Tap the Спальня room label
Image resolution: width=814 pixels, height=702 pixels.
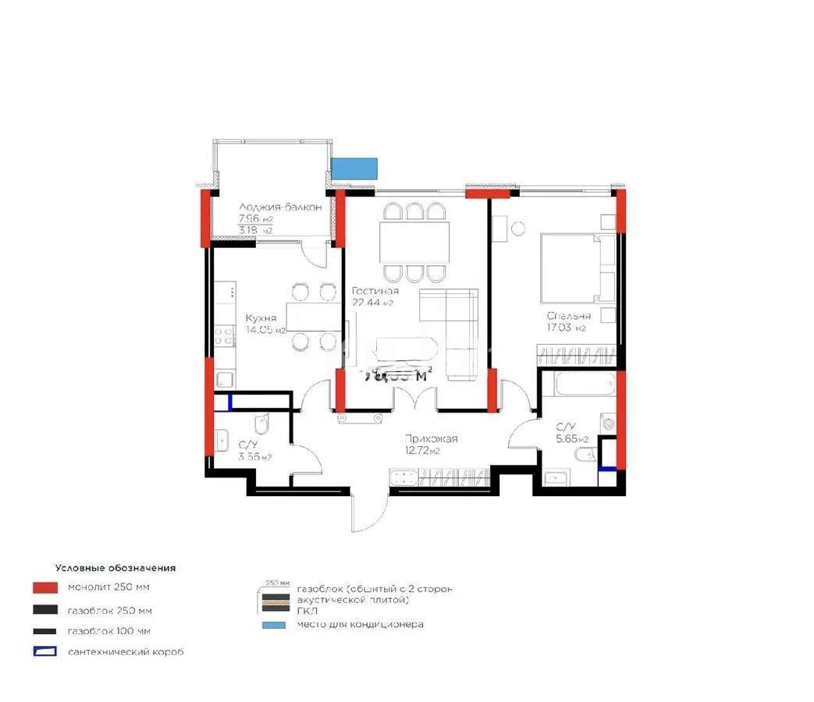point(568,316)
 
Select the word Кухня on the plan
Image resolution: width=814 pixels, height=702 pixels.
point(259,318)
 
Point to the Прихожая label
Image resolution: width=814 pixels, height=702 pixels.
point(431,439)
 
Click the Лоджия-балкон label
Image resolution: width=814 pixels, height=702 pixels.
point(269,207)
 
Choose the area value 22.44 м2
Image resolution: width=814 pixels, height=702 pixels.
point(372,303)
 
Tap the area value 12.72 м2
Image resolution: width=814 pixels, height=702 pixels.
point(422,451)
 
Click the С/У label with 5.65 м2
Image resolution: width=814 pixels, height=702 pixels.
point(566,427)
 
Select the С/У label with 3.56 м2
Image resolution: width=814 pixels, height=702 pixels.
point(250,445)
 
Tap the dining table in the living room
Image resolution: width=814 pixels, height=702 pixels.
point(414,243)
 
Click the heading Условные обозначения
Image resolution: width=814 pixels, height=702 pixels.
point(115,569)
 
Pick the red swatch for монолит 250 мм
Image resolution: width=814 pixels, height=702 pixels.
point(45,587)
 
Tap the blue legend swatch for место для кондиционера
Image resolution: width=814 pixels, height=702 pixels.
point(272,625)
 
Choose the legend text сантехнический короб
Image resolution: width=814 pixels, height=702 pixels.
point(126,652)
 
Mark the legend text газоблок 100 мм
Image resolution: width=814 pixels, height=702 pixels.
point(109,631)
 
